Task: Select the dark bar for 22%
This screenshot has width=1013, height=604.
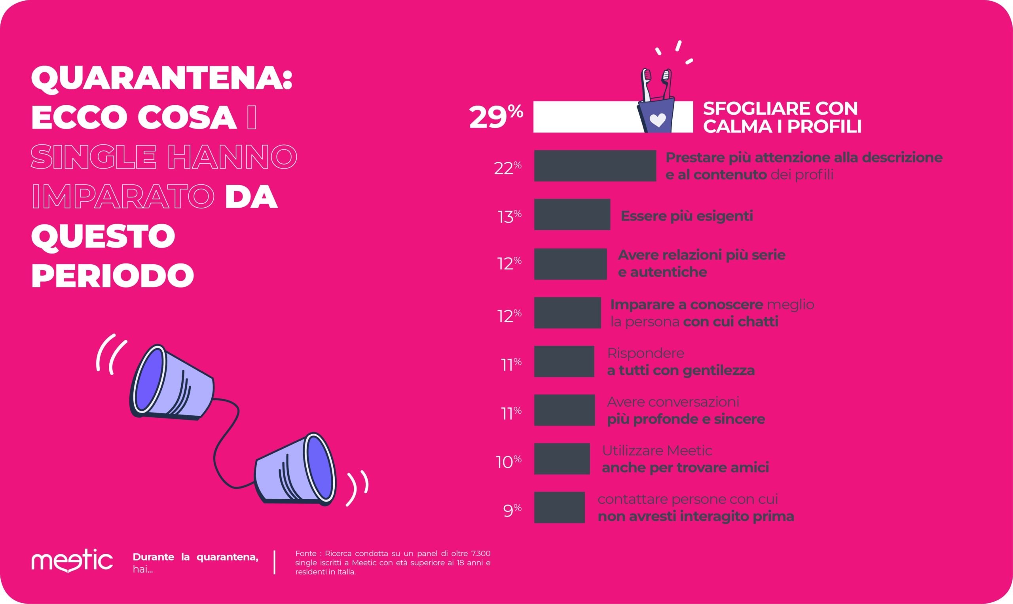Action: (595, 166)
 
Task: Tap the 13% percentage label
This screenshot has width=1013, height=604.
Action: (509, 216)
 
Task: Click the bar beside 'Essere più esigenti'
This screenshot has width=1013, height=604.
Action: (572, 214)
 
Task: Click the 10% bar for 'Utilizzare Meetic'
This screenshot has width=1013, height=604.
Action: (562, 459)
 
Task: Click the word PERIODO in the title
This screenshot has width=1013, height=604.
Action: (112, 276)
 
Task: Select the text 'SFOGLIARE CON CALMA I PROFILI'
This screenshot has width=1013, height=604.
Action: (782, 117)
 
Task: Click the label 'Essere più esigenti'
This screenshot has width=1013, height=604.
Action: (687, 216)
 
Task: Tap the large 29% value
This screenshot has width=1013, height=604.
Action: (495, 117)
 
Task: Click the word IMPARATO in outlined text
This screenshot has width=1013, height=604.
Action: (123, 196)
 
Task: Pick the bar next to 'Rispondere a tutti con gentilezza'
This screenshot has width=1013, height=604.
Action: (564, 362)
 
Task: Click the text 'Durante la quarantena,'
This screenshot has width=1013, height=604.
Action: (195, 557)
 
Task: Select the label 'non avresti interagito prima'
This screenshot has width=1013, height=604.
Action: (696, 517)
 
